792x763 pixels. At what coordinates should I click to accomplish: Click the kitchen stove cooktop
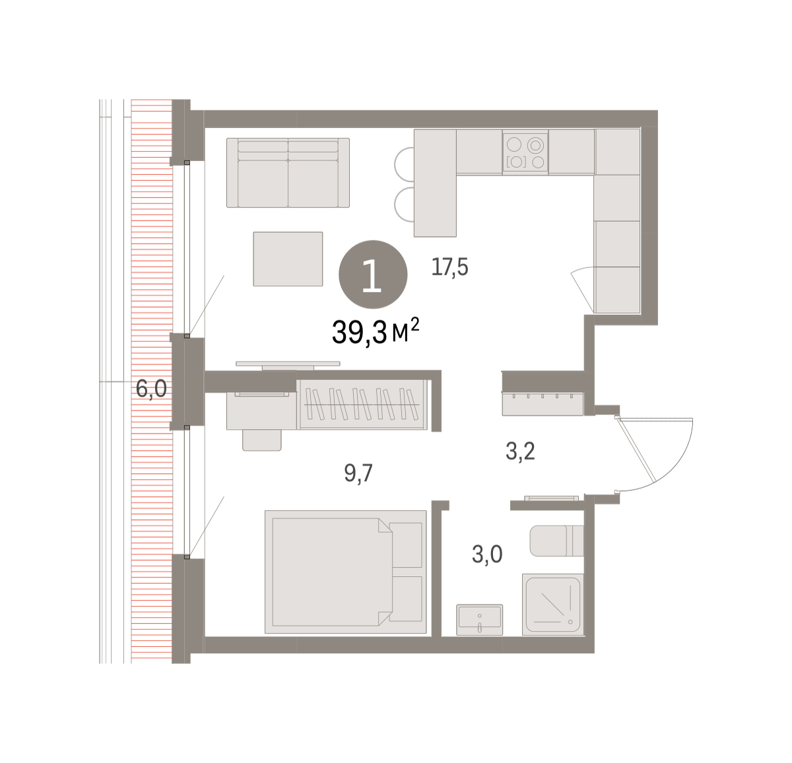pos(525,152)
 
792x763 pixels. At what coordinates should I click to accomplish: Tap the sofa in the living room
pos(288,173)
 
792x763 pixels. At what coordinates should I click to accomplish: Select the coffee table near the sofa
pos(288,259)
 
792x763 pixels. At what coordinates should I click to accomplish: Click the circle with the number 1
pos(373,275)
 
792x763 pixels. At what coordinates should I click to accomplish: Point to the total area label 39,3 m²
pos(376,331)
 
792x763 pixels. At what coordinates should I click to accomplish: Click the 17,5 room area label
pos(449,267)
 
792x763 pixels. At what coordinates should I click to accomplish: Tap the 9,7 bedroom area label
pos(358,473)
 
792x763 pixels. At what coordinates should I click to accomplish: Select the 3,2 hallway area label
pos(520,451)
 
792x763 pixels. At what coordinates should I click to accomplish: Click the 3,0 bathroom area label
pos(487,554)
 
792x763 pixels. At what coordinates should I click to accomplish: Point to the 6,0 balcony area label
pos(151,389)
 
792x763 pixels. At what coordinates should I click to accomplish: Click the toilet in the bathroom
pos(556,541)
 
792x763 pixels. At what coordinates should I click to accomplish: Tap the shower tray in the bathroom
pos(552,605)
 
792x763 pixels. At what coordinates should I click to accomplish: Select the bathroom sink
pos(479,619)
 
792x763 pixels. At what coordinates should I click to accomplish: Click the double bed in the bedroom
pos(346,572)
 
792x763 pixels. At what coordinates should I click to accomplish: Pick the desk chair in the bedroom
pos(262,440)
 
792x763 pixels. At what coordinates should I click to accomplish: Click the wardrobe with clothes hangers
pos(362,404)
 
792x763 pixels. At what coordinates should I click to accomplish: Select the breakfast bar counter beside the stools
pos(435,183)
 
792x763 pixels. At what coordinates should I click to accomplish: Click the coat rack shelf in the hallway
pos(543,404)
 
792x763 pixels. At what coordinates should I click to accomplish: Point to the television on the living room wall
pos(288,364)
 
